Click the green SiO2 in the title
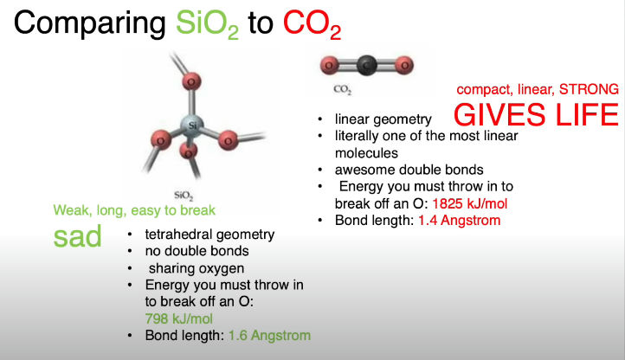(207, 24)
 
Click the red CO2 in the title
(312, 24)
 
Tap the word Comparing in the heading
(90, 25)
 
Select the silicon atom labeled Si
(192, 125)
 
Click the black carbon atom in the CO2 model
(367, 65)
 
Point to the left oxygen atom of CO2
(329, 65)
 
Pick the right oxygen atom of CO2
(404, 65)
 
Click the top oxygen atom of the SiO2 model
(191, 81)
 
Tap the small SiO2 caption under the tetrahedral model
(184, 196)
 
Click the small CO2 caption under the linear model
(343, 89)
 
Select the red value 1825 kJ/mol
(469, 203)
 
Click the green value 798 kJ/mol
(178, 319)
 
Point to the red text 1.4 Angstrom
(459, 221)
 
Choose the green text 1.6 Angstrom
(269, 336)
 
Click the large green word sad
(77, 236)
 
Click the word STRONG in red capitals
(589, 89)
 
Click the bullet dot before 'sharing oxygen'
(130, 268)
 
